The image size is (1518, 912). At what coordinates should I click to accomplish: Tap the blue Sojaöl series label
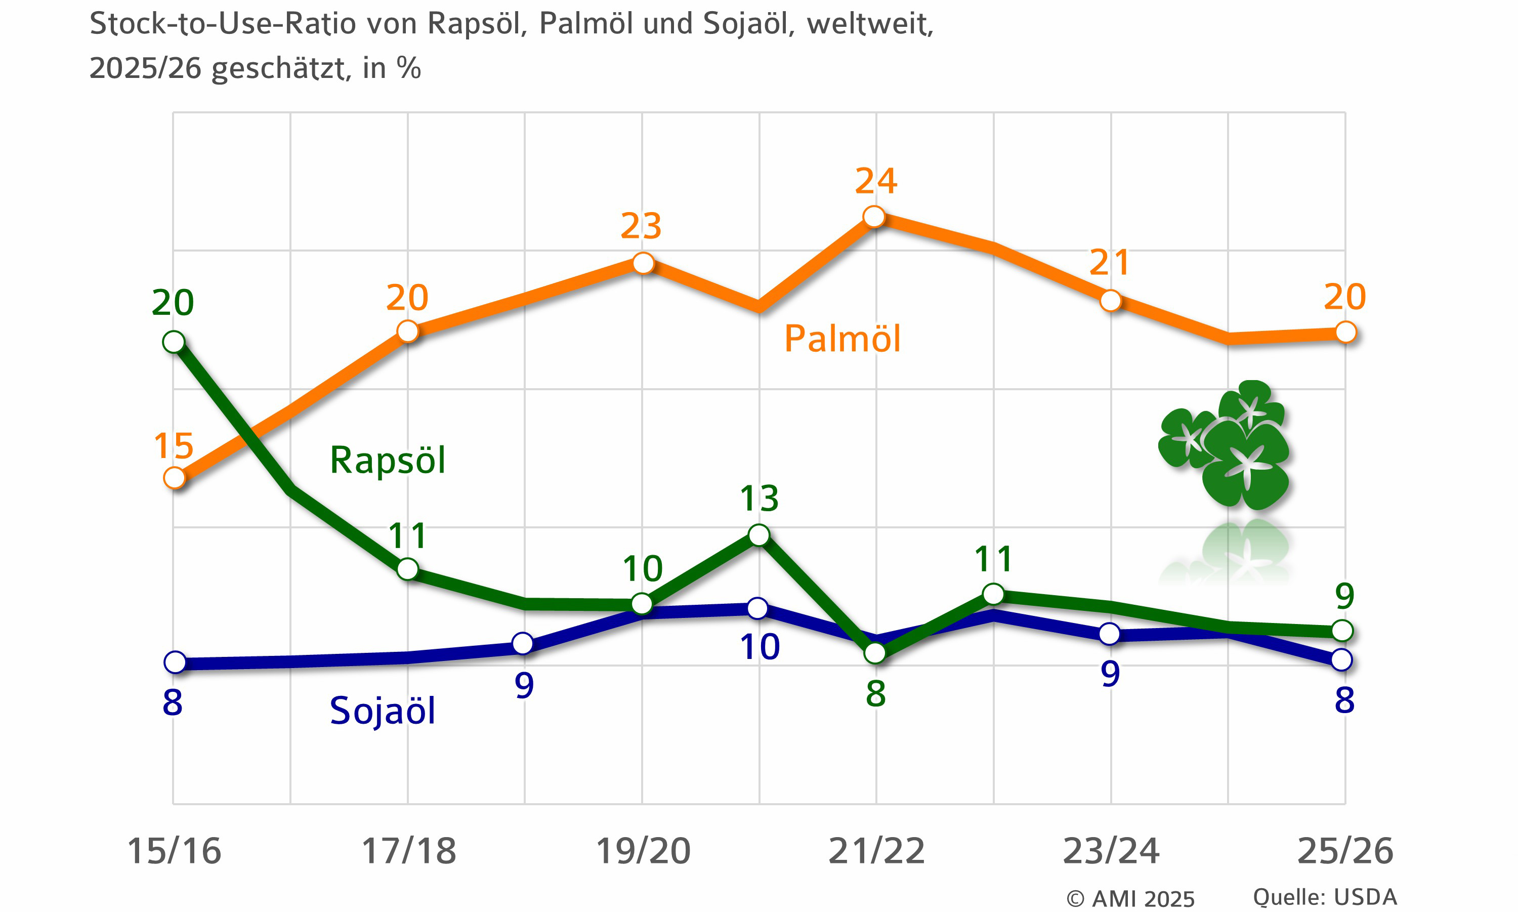[x=382, y=711]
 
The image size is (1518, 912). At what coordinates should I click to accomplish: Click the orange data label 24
[x=876, y=181]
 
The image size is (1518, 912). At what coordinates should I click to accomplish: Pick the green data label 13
[x=760, y=498]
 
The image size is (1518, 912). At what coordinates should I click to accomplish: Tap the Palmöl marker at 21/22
[x=874, y=216]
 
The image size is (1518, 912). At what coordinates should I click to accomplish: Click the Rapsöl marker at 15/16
[x=174, y=342]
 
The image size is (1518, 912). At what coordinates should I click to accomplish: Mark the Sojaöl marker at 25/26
[x=1342, y=660]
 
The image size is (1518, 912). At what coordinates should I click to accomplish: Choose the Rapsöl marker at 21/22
[x=875, y=653]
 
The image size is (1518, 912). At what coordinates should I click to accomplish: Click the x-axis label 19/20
[x=643, y=851]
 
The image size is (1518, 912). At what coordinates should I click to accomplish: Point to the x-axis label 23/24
[x=1111, y=851]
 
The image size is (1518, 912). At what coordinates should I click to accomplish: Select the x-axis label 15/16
[x=174, y=851]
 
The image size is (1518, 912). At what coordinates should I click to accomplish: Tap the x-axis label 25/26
[x=1345, y=851]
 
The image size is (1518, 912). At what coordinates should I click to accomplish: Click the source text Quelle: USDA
[x=1325, y=897]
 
